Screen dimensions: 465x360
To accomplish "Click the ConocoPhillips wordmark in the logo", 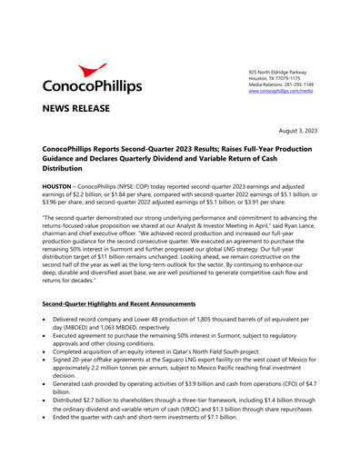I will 93,87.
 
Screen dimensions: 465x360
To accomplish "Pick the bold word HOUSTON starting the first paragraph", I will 60,184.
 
